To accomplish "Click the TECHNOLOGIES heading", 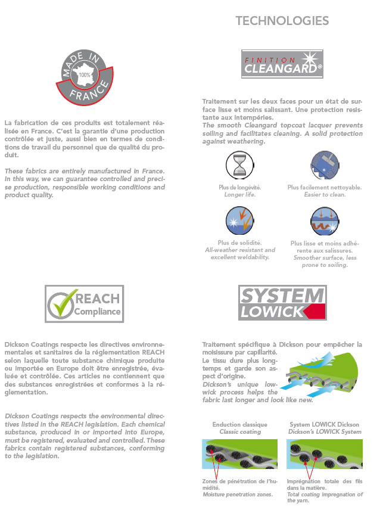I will [282, 21].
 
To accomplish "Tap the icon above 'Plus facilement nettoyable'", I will [324, 165].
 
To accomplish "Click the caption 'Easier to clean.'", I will [324, 195].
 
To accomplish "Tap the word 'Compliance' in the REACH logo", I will [98, 311].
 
